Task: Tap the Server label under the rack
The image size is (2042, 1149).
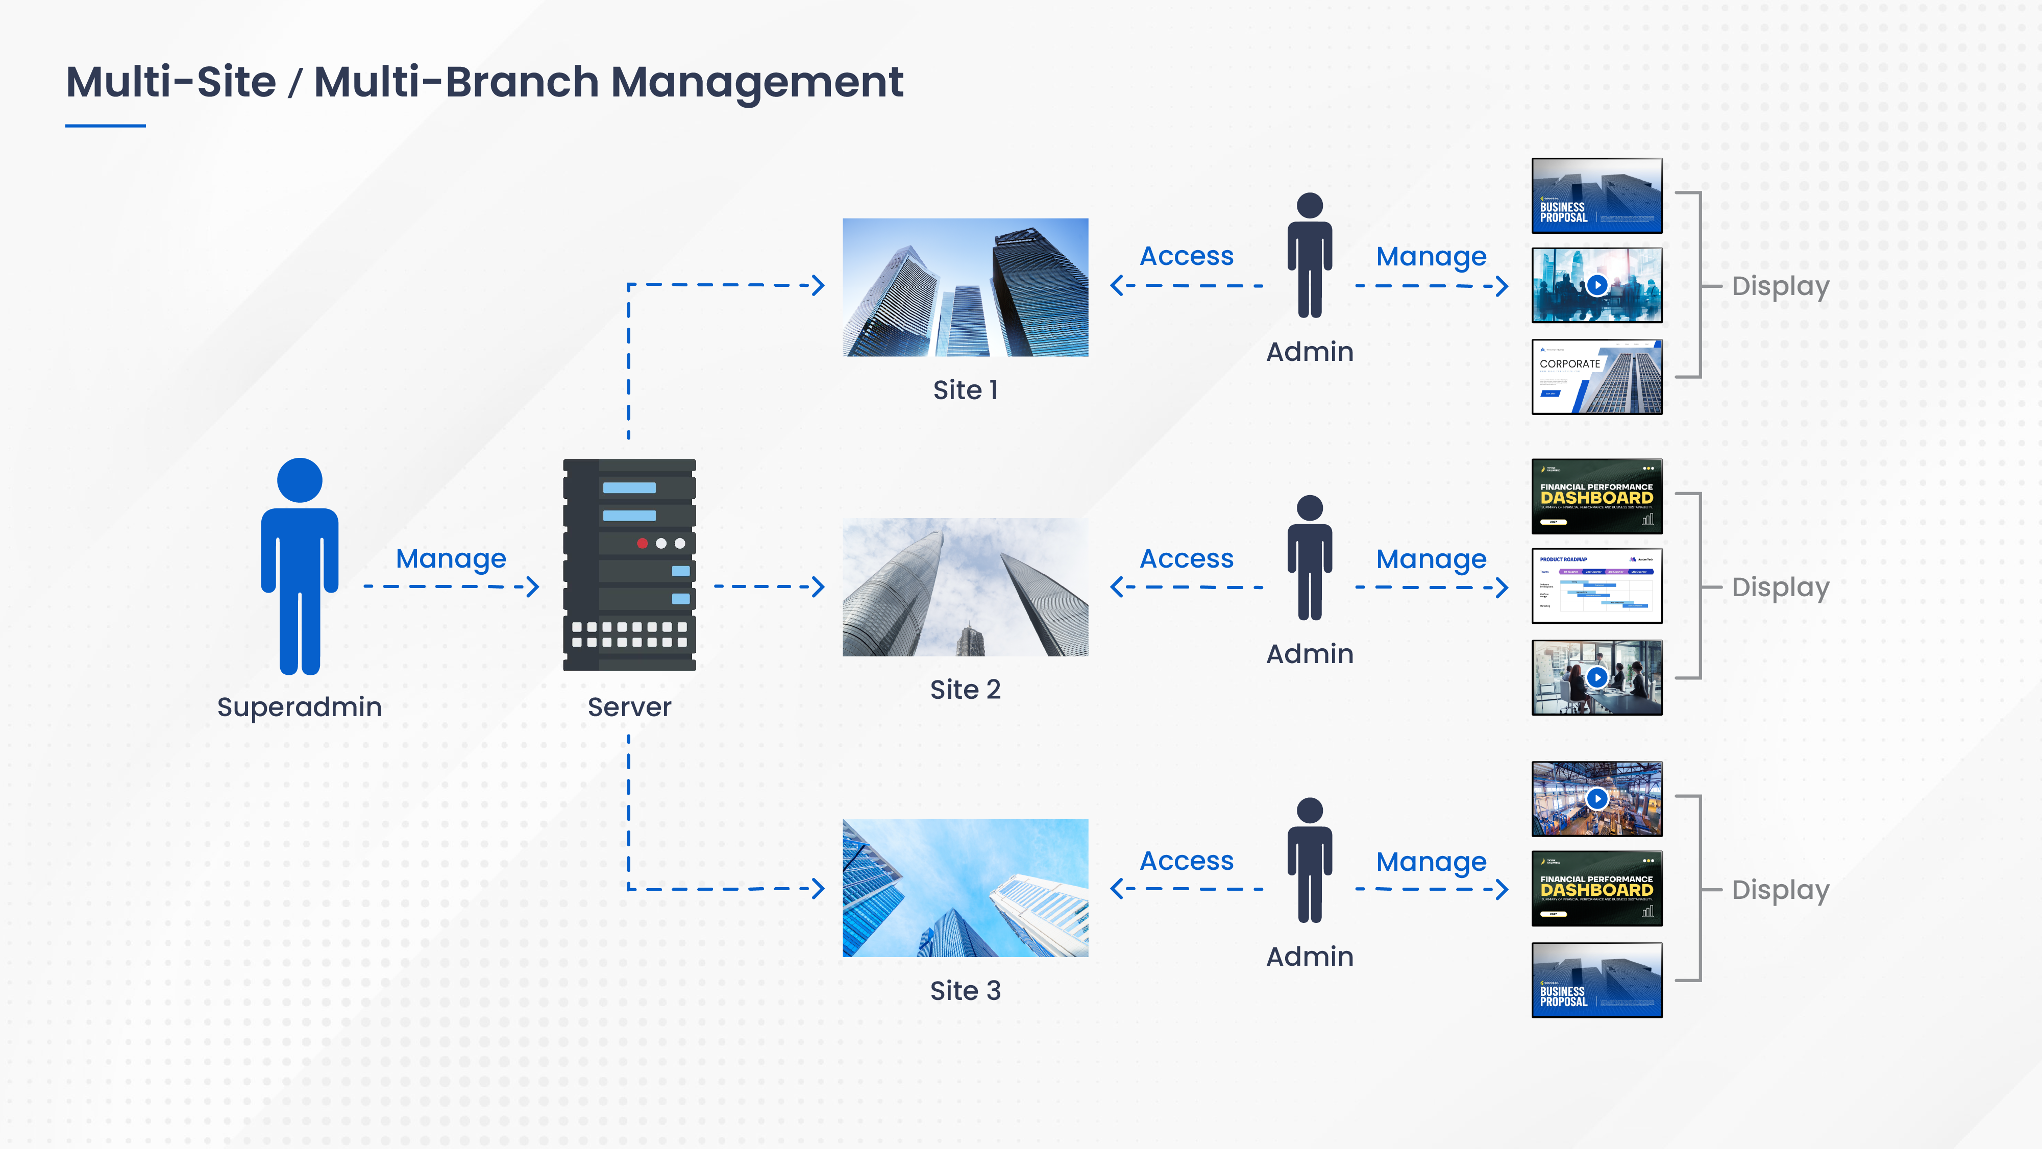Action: [x=629, y=706]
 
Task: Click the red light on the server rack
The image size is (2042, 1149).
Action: [x=642, y=543]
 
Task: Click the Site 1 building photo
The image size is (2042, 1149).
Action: [x=965, y=287]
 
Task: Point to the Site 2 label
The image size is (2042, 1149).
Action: [x=965, y=689]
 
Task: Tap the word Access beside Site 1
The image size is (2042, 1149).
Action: [x=1186, y=256]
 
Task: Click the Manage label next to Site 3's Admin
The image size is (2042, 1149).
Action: [x=1431, y=861]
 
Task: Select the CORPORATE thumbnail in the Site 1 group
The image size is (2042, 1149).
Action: [x=1596, y=377]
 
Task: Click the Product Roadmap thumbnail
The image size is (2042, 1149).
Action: [x=1596, y=586]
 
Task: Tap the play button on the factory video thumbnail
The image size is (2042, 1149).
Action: [x=1596, y=798]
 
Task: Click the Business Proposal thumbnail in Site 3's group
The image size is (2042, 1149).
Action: [x=1596, y=980]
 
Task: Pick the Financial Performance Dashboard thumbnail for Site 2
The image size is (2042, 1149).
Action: [x=1596, y=496]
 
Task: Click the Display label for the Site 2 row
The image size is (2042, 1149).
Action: [x=1780, y=588]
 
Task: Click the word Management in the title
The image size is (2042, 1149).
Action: [x=756, y=83]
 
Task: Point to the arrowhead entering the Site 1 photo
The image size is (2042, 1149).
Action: [x=819, y=285]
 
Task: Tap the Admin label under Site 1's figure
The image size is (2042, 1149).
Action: [x=1310, y=351]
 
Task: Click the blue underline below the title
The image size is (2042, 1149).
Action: [x=106, y=125]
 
